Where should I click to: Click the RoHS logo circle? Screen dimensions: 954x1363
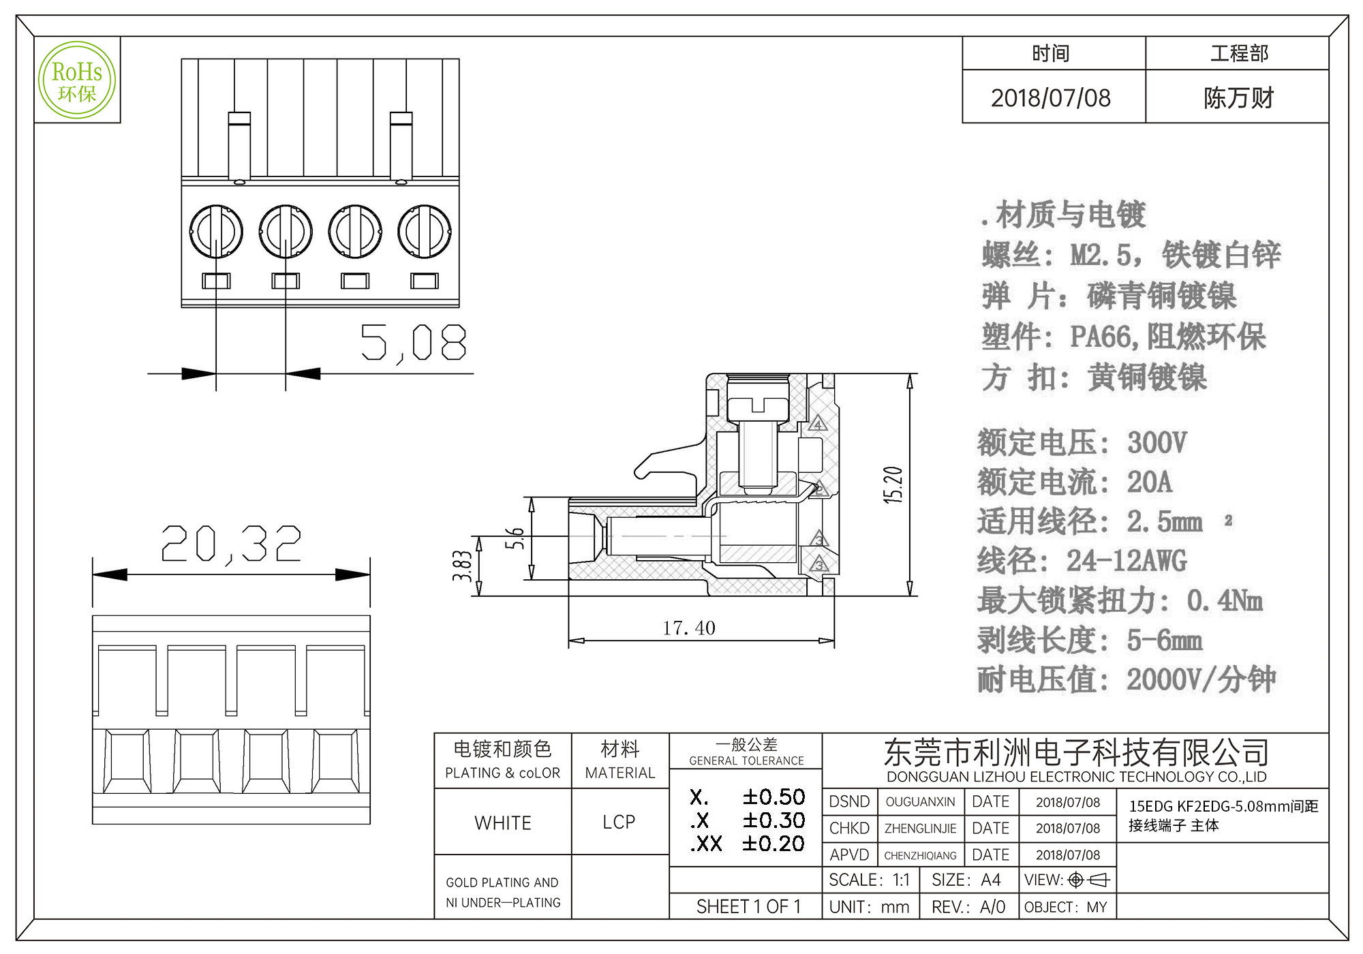point(77,80)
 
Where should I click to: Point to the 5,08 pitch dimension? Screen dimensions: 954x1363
point(413,342)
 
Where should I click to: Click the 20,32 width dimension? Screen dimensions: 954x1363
point(231,544)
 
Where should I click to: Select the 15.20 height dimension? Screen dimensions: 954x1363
point(893,484)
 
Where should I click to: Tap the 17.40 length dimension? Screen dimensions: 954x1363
point(689,628)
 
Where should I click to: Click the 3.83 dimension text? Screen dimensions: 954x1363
point(463,566)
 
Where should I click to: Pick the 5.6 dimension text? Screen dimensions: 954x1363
point(515,538)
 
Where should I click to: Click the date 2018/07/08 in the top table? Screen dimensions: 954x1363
point(1050,98)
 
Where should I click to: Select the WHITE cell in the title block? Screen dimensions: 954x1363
point(503,822)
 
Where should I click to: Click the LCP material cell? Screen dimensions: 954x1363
point(619,822)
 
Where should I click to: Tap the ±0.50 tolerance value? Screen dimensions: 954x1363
point(774,797)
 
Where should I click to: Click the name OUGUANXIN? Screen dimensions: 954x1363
point(920,802)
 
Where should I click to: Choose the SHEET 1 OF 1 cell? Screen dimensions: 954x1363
point(748,907)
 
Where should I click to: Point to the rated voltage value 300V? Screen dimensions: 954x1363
point(1157,443)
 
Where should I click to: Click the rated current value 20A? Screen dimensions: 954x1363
point(1149,482)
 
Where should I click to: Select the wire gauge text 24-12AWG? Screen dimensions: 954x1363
point(1127,561)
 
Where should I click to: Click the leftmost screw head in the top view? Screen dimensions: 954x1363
point(216,232)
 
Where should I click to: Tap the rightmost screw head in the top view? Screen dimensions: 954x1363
point(425,232)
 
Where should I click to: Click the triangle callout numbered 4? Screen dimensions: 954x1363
point(818,425)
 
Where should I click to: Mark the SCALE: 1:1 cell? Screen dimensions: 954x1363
point(869,880)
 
